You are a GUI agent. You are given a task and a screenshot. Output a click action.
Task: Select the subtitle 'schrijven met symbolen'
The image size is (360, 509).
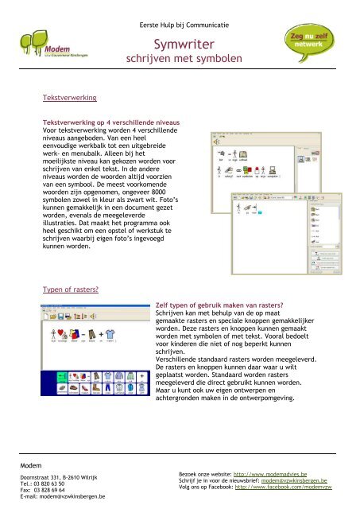coord(179,60)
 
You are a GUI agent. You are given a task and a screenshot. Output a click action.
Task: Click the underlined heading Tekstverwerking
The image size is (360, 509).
coord(69,97)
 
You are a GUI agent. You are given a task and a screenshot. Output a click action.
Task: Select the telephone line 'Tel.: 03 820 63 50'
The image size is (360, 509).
coord(45,482)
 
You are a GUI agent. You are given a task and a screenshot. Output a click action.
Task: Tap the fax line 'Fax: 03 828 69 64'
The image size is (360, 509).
coord(46,488)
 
